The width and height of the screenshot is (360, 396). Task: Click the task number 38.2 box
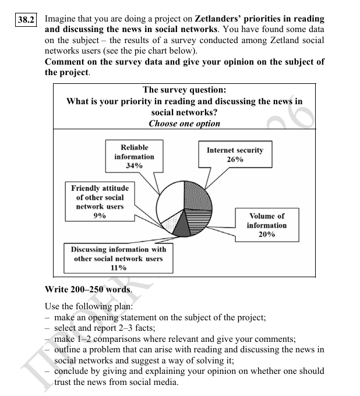pyautogui.click(x=26, y=20)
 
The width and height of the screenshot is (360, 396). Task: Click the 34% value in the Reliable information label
pyautogui.click(x=134, y=166)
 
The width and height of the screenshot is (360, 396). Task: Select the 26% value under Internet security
pyautogui.click(x=235, y=160)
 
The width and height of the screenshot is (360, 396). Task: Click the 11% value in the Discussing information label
pyautogui.click(x=118, y=268)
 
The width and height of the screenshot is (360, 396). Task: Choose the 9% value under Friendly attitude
pyautogui.click(x=100, y=215)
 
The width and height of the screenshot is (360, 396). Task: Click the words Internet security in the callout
pyautogui.click(x=235, y=150)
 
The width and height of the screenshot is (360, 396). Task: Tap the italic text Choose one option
pyautogui.click(x=184, y=123)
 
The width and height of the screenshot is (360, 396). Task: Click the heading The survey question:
pyautogui.click(x=184, y=90)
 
